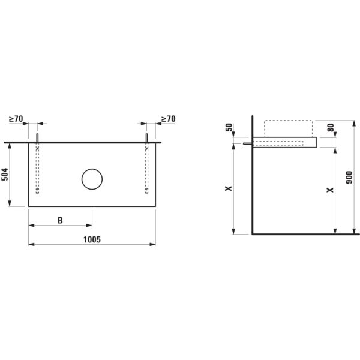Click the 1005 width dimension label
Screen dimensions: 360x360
coord(92,239)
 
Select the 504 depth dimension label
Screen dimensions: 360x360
coord(5,174)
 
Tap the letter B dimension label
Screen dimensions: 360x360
coord(60,220)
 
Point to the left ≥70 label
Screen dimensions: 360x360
coord(16,119)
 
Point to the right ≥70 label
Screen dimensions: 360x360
coord(168,119)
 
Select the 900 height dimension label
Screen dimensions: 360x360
coord(349,177)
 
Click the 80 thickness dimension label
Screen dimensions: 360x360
coord(331,128)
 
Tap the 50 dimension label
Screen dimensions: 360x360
coord(229,127)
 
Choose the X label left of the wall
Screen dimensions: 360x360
coord(229,188)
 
